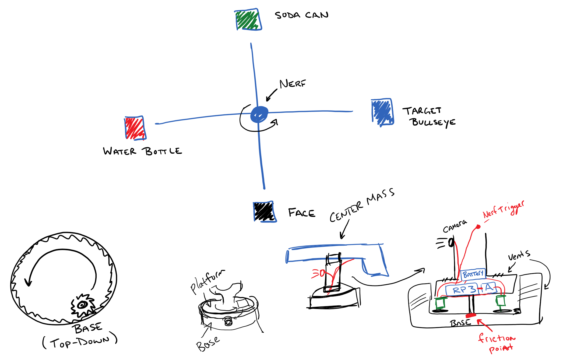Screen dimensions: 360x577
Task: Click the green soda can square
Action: click(x=248, y=20)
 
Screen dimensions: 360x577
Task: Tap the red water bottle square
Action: click(x=135, y=128)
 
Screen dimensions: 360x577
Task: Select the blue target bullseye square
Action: click(x=382, y=112)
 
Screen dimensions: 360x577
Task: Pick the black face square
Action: click(x=264, y=211)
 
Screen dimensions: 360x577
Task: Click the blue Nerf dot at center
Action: click(x=259, y=114)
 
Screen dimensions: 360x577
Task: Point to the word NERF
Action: click(x=293, y=84)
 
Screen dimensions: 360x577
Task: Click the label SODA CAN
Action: click(x=301, y=15)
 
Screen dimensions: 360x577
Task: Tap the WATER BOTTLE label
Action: click(x=142, y=151)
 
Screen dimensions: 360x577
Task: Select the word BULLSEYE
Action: click(x=433, y=122)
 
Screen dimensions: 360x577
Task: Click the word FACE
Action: click(x=301, y=213)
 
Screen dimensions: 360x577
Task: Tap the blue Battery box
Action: click(x=473, y=274)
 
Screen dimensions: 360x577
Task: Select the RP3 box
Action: click(x=462, y=290)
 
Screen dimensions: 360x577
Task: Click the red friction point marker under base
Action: click(x=471, y=315)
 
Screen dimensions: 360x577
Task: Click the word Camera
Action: click(x=455, y=226)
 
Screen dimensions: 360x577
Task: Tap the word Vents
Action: click(x=519, y=255)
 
